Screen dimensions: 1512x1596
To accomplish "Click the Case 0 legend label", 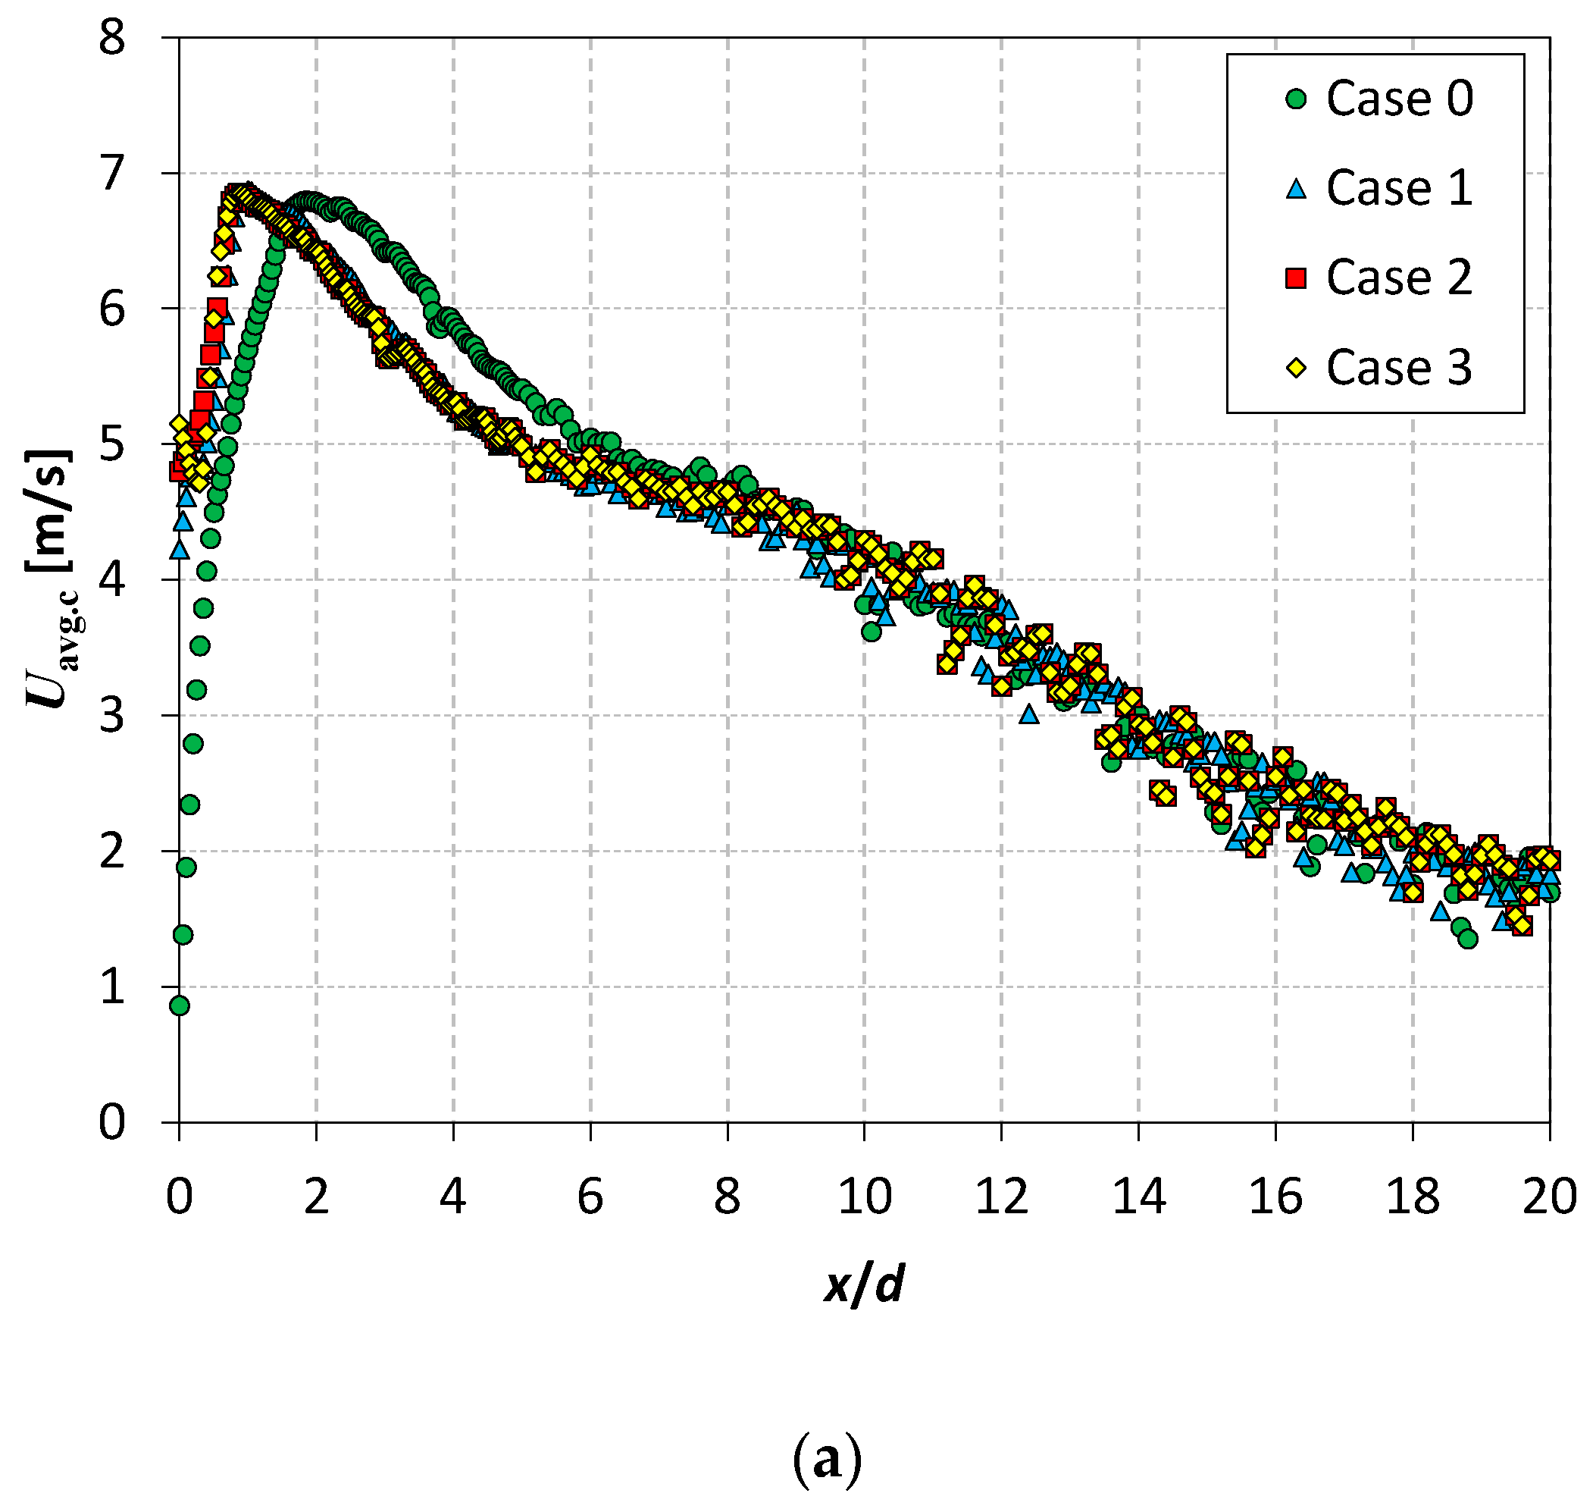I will coord(1400,99).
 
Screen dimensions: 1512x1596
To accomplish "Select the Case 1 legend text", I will coord(1400,189).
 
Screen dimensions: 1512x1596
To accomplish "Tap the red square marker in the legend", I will coord(1295,279).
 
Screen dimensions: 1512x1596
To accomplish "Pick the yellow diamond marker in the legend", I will coord(1295,369).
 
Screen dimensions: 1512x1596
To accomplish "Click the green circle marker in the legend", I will coord(1295,99).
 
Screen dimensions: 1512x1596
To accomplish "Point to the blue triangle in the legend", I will coord(1295,190).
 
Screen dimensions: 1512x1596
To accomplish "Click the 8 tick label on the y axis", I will coord(112,38).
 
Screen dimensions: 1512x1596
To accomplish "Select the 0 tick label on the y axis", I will coord(112,1122).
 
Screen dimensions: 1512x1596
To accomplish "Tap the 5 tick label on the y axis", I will coord(112,444).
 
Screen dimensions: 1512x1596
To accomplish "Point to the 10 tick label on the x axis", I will coord(864,1196).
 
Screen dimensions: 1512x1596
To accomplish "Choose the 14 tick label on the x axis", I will coord(1138,1196).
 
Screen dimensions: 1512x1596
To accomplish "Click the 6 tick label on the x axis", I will coord(590,1196).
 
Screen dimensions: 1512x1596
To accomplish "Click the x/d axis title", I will coord(864,1283).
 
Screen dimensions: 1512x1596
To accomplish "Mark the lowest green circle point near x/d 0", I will coord(180,1005).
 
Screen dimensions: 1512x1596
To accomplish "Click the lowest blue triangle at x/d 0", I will coord(180,550).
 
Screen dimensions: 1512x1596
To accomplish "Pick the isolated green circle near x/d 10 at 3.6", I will coord(871,632).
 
